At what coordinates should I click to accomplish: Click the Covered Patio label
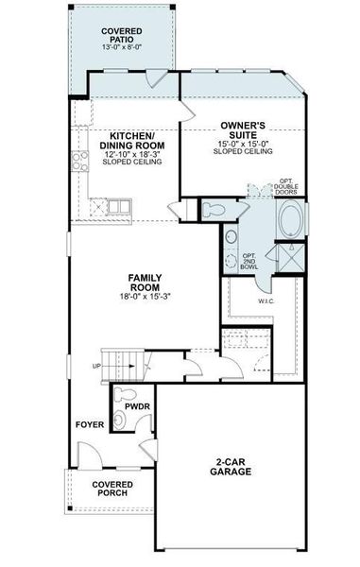coord(122,36)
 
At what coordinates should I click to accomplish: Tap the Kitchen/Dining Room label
coord(131,140)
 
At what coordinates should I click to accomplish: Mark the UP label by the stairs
coord(97,365)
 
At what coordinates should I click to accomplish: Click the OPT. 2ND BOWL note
coord(249,261)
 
